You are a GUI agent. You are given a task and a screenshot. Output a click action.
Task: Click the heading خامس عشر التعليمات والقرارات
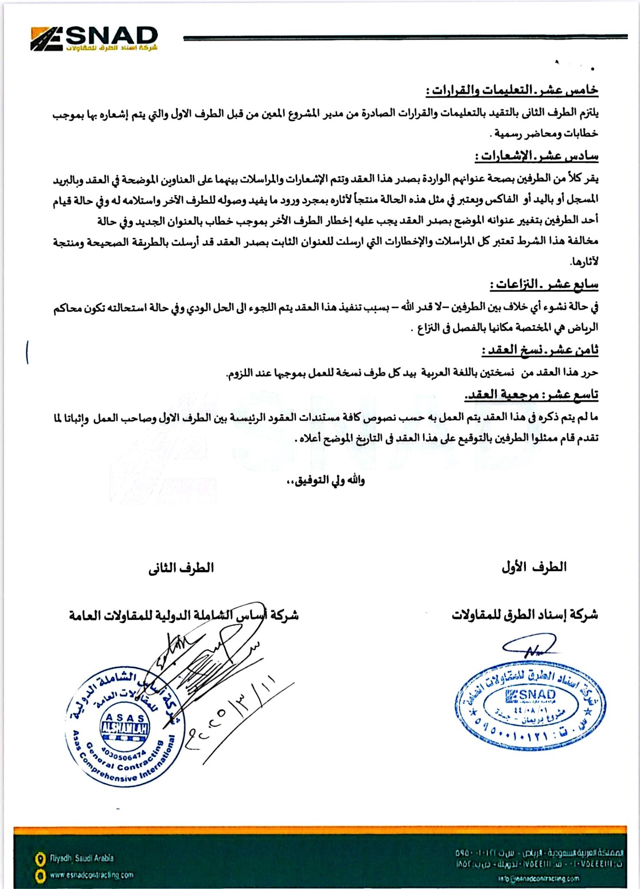coord(512,91)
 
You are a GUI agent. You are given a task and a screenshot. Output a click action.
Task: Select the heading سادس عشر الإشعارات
coord(536,156)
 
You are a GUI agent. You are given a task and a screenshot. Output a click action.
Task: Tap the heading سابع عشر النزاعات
coord(544,285)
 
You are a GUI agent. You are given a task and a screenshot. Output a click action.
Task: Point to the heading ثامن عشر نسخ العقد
coord(540,350)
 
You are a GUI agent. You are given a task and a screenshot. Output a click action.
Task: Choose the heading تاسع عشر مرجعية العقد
coord(531,395)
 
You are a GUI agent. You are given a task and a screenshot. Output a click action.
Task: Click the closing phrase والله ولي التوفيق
coord(325,481)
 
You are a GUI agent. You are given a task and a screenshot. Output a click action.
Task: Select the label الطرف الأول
coord(534,567)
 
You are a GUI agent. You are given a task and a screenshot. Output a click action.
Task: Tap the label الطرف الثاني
coord(181,568)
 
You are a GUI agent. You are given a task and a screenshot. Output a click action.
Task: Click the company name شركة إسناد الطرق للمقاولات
coord(525,615)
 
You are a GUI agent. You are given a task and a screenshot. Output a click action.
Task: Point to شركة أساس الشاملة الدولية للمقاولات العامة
coord(184,615)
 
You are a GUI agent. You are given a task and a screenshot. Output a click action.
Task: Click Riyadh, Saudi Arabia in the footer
coord(82,858)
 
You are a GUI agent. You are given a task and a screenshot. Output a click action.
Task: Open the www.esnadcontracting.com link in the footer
coord(91,875)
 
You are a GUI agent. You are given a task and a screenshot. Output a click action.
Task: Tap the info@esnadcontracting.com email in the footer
coord(538,879)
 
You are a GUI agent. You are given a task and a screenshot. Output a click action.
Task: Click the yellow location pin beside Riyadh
coord(40,859)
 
